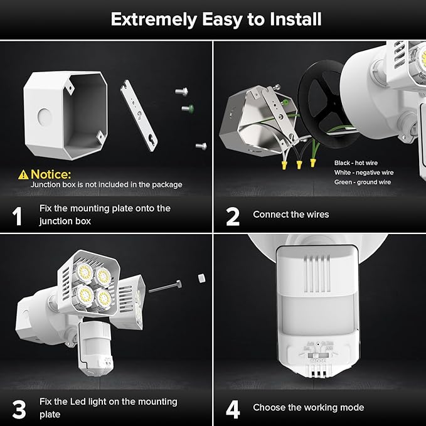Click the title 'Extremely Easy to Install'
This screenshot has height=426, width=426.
pos(216,19)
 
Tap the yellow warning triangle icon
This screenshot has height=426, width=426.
pos(23,174)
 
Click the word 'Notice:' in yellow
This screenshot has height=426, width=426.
pos(51,174)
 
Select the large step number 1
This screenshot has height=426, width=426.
pos(18,216)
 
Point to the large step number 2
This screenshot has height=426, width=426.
pos(233,216)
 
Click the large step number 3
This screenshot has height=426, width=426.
pos(19,409)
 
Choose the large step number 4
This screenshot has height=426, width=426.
pos(233,409)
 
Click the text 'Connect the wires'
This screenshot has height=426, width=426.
pos(290,215)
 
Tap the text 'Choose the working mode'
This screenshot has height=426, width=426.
pos(308,407)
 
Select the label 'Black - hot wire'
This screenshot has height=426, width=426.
pos(356,162)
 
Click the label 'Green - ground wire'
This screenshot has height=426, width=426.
pos(362,182)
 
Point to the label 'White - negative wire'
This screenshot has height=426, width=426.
pos(363,172)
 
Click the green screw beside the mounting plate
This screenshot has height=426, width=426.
pos(186,109)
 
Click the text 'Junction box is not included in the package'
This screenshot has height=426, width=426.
pos(107,184)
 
